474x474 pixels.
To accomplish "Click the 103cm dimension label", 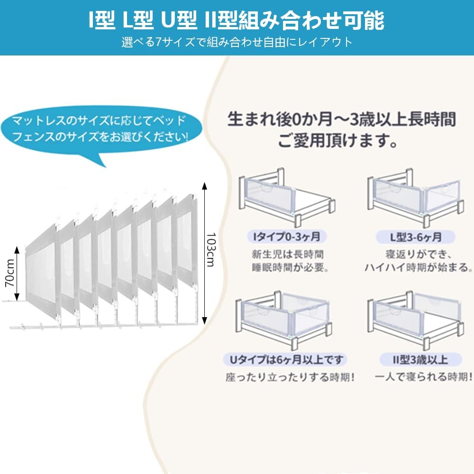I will click(x=211, y=249).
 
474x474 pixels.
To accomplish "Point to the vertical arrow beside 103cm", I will click(x=204, y=251).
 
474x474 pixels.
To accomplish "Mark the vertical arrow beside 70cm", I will click(x=17, y=273).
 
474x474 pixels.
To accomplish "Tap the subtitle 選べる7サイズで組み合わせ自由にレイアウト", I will click(x=237, y=42).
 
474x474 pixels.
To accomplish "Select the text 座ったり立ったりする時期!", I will click(x=290, y=377).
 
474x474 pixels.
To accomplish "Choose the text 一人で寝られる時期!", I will click(x=423, y=377).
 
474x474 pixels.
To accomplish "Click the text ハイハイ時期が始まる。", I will click(x=419, y=267).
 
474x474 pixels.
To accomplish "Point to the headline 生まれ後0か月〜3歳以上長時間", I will click(x=341, y=119).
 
